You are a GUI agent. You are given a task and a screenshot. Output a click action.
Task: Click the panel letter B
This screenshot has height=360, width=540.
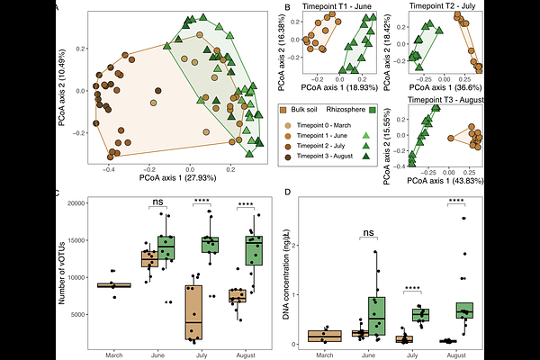[x=287, y=8]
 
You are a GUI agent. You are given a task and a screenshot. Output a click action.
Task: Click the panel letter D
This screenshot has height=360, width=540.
[x=287, y=192]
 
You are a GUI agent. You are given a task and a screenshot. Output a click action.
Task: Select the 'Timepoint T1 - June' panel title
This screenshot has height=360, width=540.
[x=338, y=7]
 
